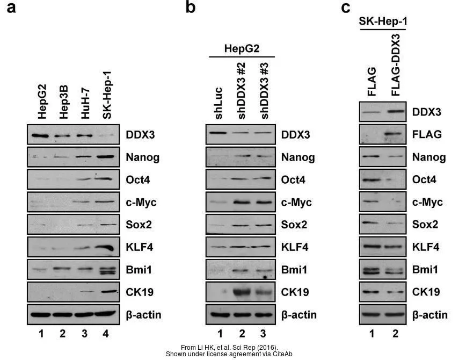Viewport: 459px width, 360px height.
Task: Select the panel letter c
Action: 346,8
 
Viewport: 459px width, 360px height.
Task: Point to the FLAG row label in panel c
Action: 427,134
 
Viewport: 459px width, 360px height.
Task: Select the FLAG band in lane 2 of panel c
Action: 396,134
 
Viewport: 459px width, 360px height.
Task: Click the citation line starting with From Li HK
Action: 229,347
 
